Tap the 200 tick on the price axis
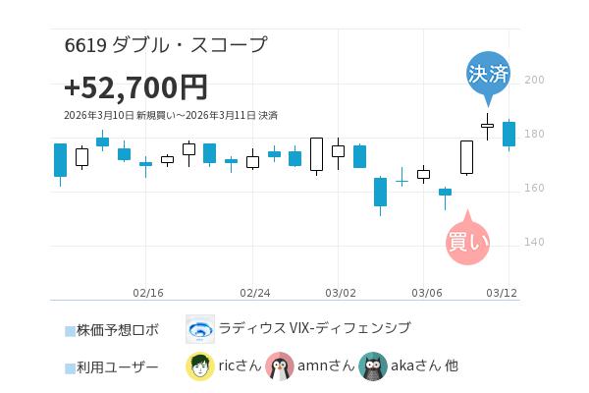point(535,81)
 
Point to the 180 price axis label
point(535,135)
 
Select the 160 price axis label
point(535,189)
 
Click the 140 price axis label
point(535,243)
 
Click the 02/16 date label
point(147,293)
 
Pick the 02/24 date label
point(254,293)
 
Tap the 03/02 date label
point(340,293)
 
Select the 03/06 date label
point(426,293)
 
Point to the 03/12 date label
point(502,293)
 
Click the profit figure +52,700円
point(135,87)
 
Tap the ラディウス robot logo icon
point(200,329)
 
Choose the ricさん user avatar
point(200,366)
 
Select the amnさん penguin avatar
point(280,366)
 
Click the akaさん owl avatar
point(373,366)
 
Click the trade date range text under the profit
point(170,116)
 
